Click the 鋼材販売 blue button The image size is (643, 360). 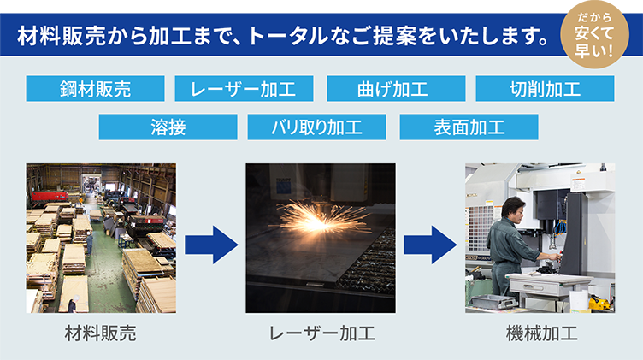(x=95, y=88)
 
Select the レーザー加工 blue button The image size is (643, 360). (x=244, y=88)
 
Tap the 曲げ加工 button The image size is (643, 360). (x=396, y=88)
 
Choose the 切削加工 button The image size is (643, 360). (x=545, y=88)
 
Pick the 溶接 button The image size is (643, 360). (x=168, y=127)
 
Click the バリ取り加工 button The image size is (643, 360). (x=316, y=127)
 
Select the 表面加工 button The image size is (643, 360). (x=469, y=127)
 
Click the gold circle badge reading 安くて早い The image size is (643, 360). (x=594, y=34)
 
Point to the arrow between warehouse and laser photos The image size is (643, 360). (x=211, y=245)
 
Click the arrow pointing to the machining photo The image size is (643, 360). (x=430, y=245)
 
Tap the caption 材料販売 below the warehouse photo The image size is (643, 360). (x=101, y=333)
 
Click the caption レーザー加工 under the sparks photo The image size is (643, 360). (x=321, y=333)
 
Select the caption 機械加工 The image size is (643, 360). (x=542, y=333)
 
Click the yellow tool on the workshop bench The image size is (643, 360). (x=599, y=304)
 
